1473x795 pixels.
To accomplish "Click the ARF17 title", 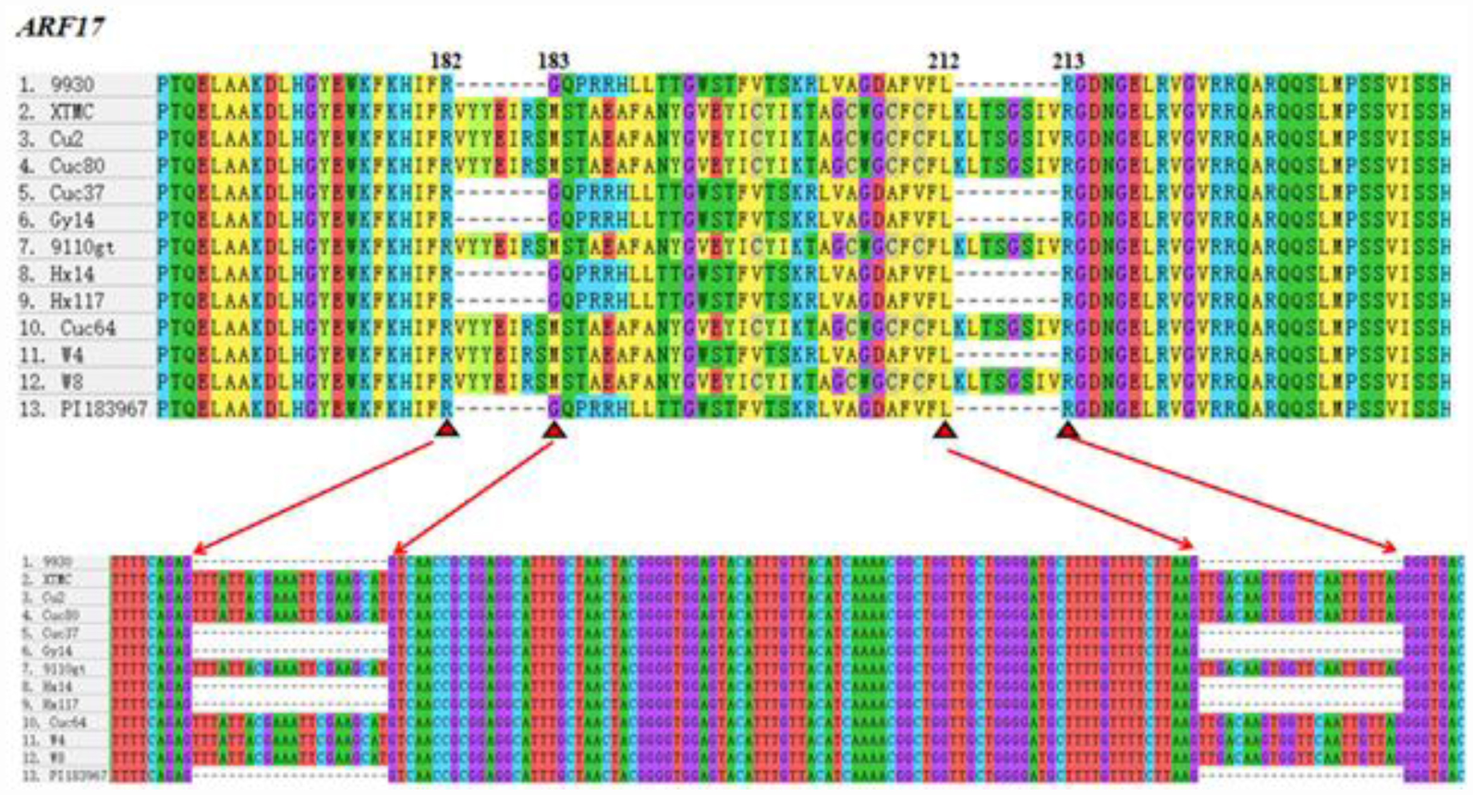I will click(61, 26).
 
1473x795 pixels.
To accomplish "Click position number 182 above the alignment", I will click(445, 61).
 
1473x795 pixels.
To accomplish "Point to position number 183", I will click(553, 61).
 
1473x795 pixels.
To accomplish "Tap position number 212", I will click(943, 61).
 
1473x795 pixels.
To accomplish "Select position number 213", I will click(1067, 61).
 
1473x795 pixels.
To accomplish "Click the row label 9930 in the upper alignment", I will click(71, 85).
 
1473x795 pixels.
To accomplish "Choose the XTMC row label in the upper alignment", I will click(71, 112).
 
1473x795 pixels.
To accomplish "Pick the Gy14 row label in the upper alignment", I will click(71, 220).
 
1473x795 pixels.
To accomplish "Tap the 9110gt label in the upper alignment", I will click(81, 247).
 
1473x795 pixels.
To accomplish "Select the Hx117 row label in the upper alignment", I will click(76, 301).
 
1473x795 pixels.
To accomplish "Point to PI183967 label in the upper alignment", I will click(103, 409).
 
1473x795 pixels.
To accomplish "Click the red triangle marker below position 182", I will click(446, 429).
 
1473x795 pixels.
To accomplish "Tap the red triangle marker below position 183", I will click(554, 430).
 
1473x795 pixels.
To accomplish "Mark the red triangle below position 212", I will click(943, 430).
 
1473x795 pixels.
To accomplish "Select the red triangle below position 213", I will click(1068, 430).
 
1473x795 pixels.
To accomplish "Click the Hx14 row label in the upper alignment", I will click(72, 274).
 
